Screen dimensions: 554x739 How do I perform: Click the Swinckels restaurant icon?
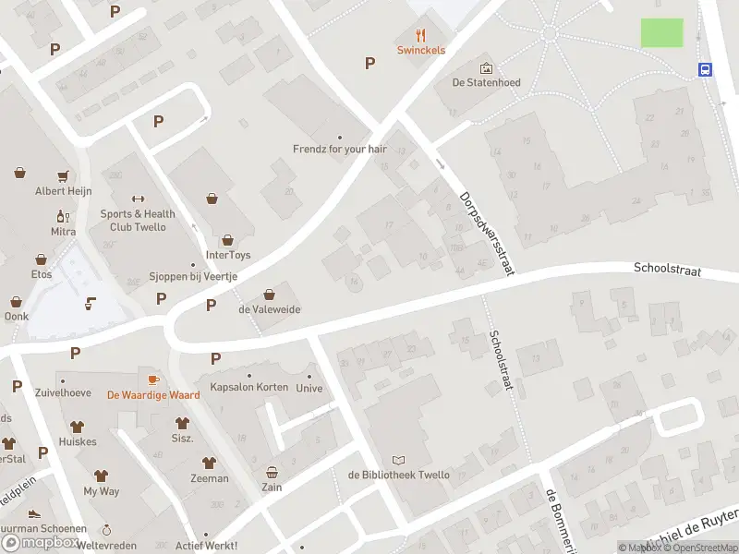click(x=421, y=35)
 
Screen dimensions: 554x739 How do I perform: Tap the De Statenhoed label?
click(x=486, y=82)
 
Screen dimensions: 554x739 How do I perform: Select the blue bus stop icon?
click(x=706, y=69)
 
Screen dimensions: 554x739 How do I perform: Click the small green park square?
click(x=662, y=32)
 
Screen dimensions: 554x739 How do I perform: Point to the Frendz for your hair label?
click(x=339, y=148)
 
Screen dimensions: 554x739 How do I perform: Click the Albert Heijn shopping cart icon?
click(x=64, y=175)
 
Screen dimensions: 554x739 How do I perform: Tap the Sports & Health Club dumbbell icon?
click(x=139, y=199)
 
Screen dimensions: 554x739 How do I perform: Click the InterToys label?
click(x=228, y=255)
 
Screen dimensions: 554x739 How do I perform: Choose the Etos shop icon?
click(x=41, y=259)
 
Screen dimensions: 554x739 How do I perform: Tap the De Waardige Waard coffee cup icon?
click(x=153, y=379)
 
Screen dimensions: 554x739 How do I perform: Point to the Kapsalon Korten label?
click(x=248, y=387)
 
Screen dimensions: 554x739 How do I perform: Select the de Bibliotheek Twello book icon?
click(x=398, y=460)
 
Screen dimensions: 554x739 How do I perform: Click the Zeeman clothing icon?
click(x=210, y=463)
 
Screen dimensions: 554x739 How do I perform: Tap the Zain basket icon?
click(x=272, y=472)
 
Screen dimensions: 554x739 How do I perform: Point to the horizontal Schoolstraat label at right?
click(x=667, y=270)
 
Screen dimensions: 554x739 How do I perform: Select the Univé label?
click(x=309, y=388)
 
